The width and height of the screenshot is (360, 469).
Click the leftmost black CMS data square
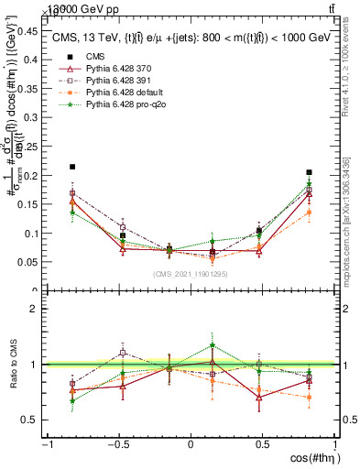(x=72, y=168)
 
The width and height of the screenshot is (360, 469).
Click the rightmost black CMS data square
(x=310, y=172)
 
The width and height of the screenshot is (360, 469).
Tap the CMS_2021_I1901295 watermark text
(x=191, y=274)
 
